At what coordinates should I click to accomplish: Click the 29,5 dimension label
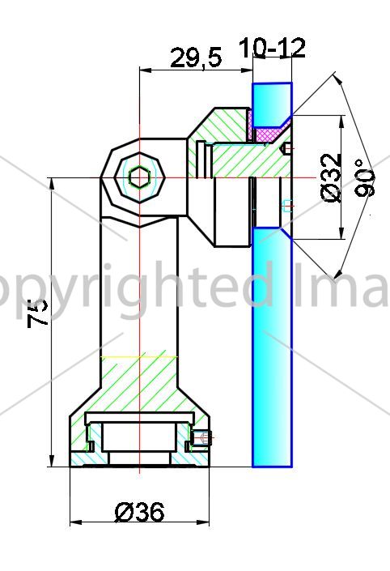click(196, 58)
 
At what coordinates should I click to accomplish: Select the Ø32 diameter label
click(332, 178)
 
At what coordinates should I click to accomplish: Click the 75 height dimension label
click(38, 313)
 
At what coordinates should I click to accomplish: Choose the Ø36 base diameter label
click(139, 512)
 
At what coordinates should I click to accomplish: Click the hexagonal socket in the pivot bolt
click(139, 178)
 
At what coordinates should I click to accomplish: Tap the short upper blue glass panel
click(272, 104)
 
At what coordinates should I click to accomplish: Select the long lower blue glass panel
click(272, 347)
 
